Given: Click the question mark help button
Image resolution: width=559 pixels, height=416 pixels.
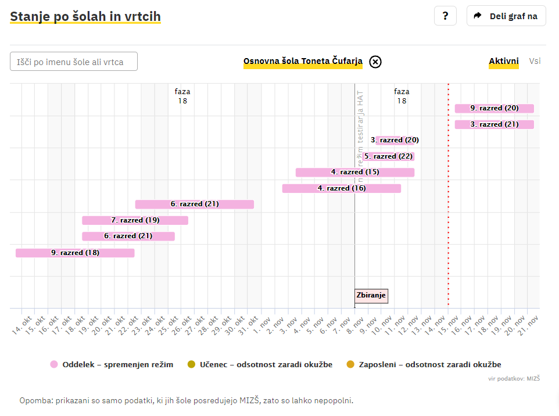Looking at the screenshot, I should point(445,16).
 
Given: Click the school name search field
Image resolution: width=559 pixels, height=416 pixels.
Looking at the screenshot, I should point(74,62).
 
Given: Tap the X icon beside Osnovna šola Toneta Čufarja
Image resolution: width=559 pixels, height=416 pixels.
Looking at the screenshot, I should point(375,62).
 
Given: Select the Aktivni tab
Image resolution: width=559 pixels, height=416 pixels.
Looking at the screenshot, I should point(503,61).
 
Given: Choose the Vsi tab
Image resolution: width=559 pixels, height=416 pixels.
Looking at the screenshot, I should point(535,61).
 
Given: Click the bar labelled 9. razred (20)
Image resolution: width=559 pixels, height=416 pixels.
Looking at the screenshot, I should point(494,108).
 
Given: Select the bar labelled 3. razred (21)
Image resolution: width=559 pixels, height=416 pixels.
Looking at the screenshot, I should point(494,124).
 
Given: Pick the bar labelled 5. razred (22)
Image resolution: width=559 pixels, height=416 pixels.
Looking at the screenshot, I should point(388,156).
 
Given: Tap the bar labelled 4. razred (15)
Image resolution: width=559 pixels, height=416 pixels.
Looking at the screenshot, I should point(354,172).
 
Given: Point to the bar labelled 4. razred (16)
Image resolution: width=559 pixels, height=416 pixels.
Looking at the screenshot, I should point(341,188).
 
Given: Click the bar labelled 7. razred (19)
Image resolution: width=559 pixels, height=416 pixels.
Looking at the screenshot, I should point(135,220).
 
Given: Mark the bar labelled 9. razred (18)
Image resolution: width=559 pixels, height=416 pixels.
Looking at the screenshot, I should point(75,253).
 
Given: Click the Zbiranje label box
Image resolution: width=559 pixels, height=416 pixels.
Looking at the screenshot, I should point(371,296).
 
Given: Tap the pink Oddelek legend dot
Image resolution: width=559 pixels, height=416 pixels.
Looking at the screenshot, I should point(54,365).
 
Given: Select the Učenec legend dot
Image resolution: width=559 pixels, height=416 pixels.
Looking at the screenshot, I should point(192,365).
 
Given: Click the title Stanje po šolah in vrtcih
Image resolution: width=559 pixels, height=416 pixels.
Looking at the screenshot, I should point(85,16).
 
